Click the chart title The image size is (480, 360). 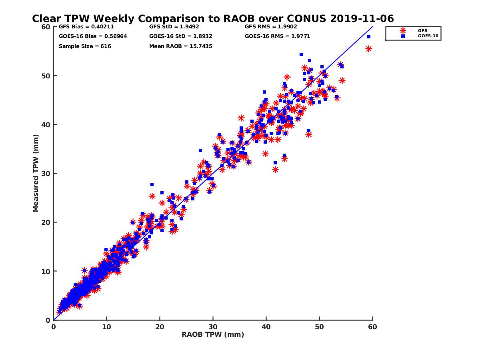[213, 18]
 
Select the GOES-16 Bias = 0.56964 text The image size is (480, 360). [86, 36]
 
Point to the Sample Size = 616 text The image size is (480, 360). [85, 46]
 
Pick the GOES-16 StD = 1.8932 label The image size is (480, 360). [180, 36]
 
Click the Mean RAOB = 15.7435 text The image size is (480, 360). [180, 46]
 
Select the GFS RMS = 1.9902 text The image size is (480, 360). [271, 27]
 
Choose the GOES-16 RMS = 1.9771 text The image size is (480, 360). [277, 36]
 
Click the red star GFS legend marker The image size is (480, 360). [403, 30]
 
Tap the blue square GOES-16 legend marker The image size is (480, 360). [403, 36]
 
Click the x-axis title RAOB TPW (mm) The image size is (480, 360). [213, 335]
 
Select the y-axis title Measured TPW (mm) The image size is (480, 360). [36, 173]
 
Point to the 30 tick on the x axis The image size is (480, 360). [213, 327]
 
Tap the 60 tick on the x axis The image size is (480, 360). [372, 327]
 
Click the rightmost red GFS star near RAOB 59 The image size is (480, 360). [368, 49]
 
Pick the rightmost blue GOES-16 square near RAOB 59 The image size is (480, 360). [369, 37]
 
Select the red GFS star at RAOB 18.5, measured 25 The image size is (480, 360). [152, 196]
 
